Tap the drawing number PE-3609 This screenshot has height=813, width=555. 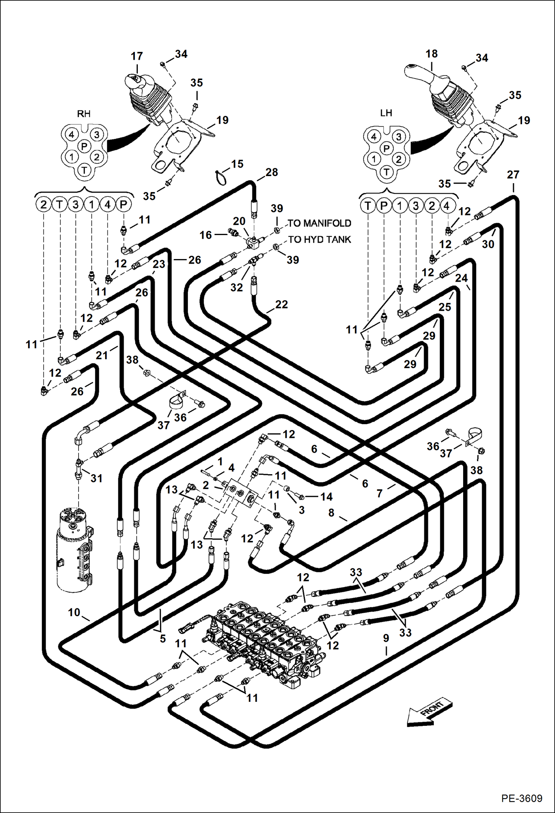point(522,798)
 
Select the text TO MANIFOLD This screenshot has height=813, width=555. point(319,223)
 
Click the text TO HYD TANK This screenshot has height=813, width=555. point(319,239)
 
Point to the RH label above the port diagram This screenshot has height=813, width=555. point(84,114)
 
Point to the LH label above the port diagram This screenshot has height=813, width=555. point(386,113)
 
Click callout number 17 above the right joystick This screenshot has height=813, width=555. point(137,56)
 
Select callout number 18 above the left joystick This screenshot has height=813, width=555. point(432,54)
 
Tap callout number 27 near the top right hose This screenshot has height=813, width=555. point(513,175)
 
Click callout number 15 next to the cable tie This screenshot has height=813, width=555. point(237,164)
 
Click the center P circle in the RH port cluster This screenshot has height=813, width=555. point(84,146)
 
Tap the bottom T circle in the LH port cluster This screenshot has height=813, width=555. point(386,172)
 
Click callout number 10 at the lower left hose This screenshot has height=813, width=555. point(74,612)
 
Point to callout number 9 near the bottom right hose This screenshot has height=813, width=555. point(386,638)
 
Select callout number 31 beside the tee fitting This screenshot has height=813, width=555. point(96,478)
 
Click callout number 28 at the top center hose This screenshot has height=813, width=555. point(272,172)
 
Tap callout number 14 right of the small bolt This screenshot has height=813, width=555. point(326,497)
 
